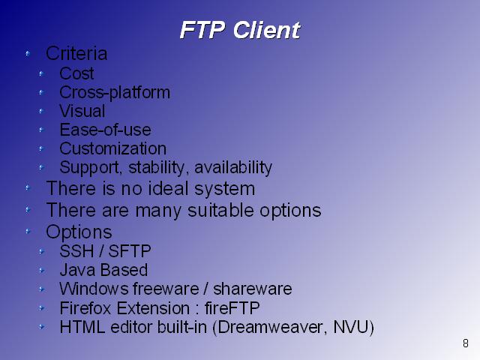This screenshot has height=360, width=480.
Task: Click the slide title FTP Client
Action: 240,30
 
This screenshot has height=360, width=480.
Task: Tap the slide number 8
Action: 465,343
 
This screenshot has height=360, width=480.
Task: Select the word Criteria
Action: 76,53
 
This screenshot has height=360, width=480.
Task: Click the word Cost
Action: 76,73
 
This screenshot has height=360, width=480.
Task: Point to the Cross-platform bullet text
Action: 115,92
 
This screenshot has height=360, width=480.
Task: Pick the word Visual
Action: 82,111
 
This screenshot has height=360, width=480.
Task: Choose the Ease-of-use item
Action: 105,130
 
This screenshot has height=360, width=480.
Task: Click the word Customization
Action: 113,148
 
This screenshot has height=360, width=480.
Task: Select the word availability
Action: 233,168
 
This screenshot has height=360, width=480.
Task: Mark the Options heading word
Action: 79,232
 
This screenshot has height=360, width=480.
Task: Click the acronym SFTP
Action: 130,251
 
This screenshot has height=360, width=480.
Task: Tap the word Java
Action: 78,270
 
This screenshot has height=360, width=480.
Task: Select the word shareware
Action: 252,289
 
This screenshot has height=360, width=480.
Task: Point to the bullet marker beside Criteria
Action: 28,54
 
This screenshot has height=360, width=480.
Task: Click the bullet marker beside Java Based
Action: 42,271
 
